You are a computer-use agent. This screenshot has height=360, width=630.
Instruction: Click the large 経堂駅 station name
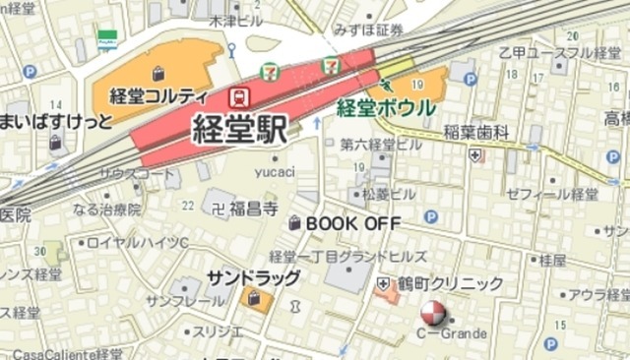click(239, 130)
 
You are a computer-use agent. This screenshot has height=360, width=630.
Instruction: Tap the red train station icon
click(237, 96)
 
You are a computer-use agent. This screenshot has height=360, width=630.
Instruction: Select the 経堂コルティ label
click(158, 96)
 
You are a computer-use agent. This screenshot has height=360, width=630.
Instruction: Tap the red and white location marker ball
click(432, 315)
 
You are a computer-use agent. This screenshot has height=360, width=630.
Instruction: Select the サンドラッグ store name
click(253, 277)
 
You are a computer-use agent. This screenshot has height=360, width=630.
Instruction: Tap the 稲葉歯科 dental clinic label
click(475, 132)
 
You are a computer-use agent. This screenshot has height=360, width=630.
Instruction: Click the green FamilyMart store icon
click(107, 39)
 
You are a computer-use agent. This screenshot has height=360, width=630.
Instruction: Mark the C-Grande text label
click(452, 334)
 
